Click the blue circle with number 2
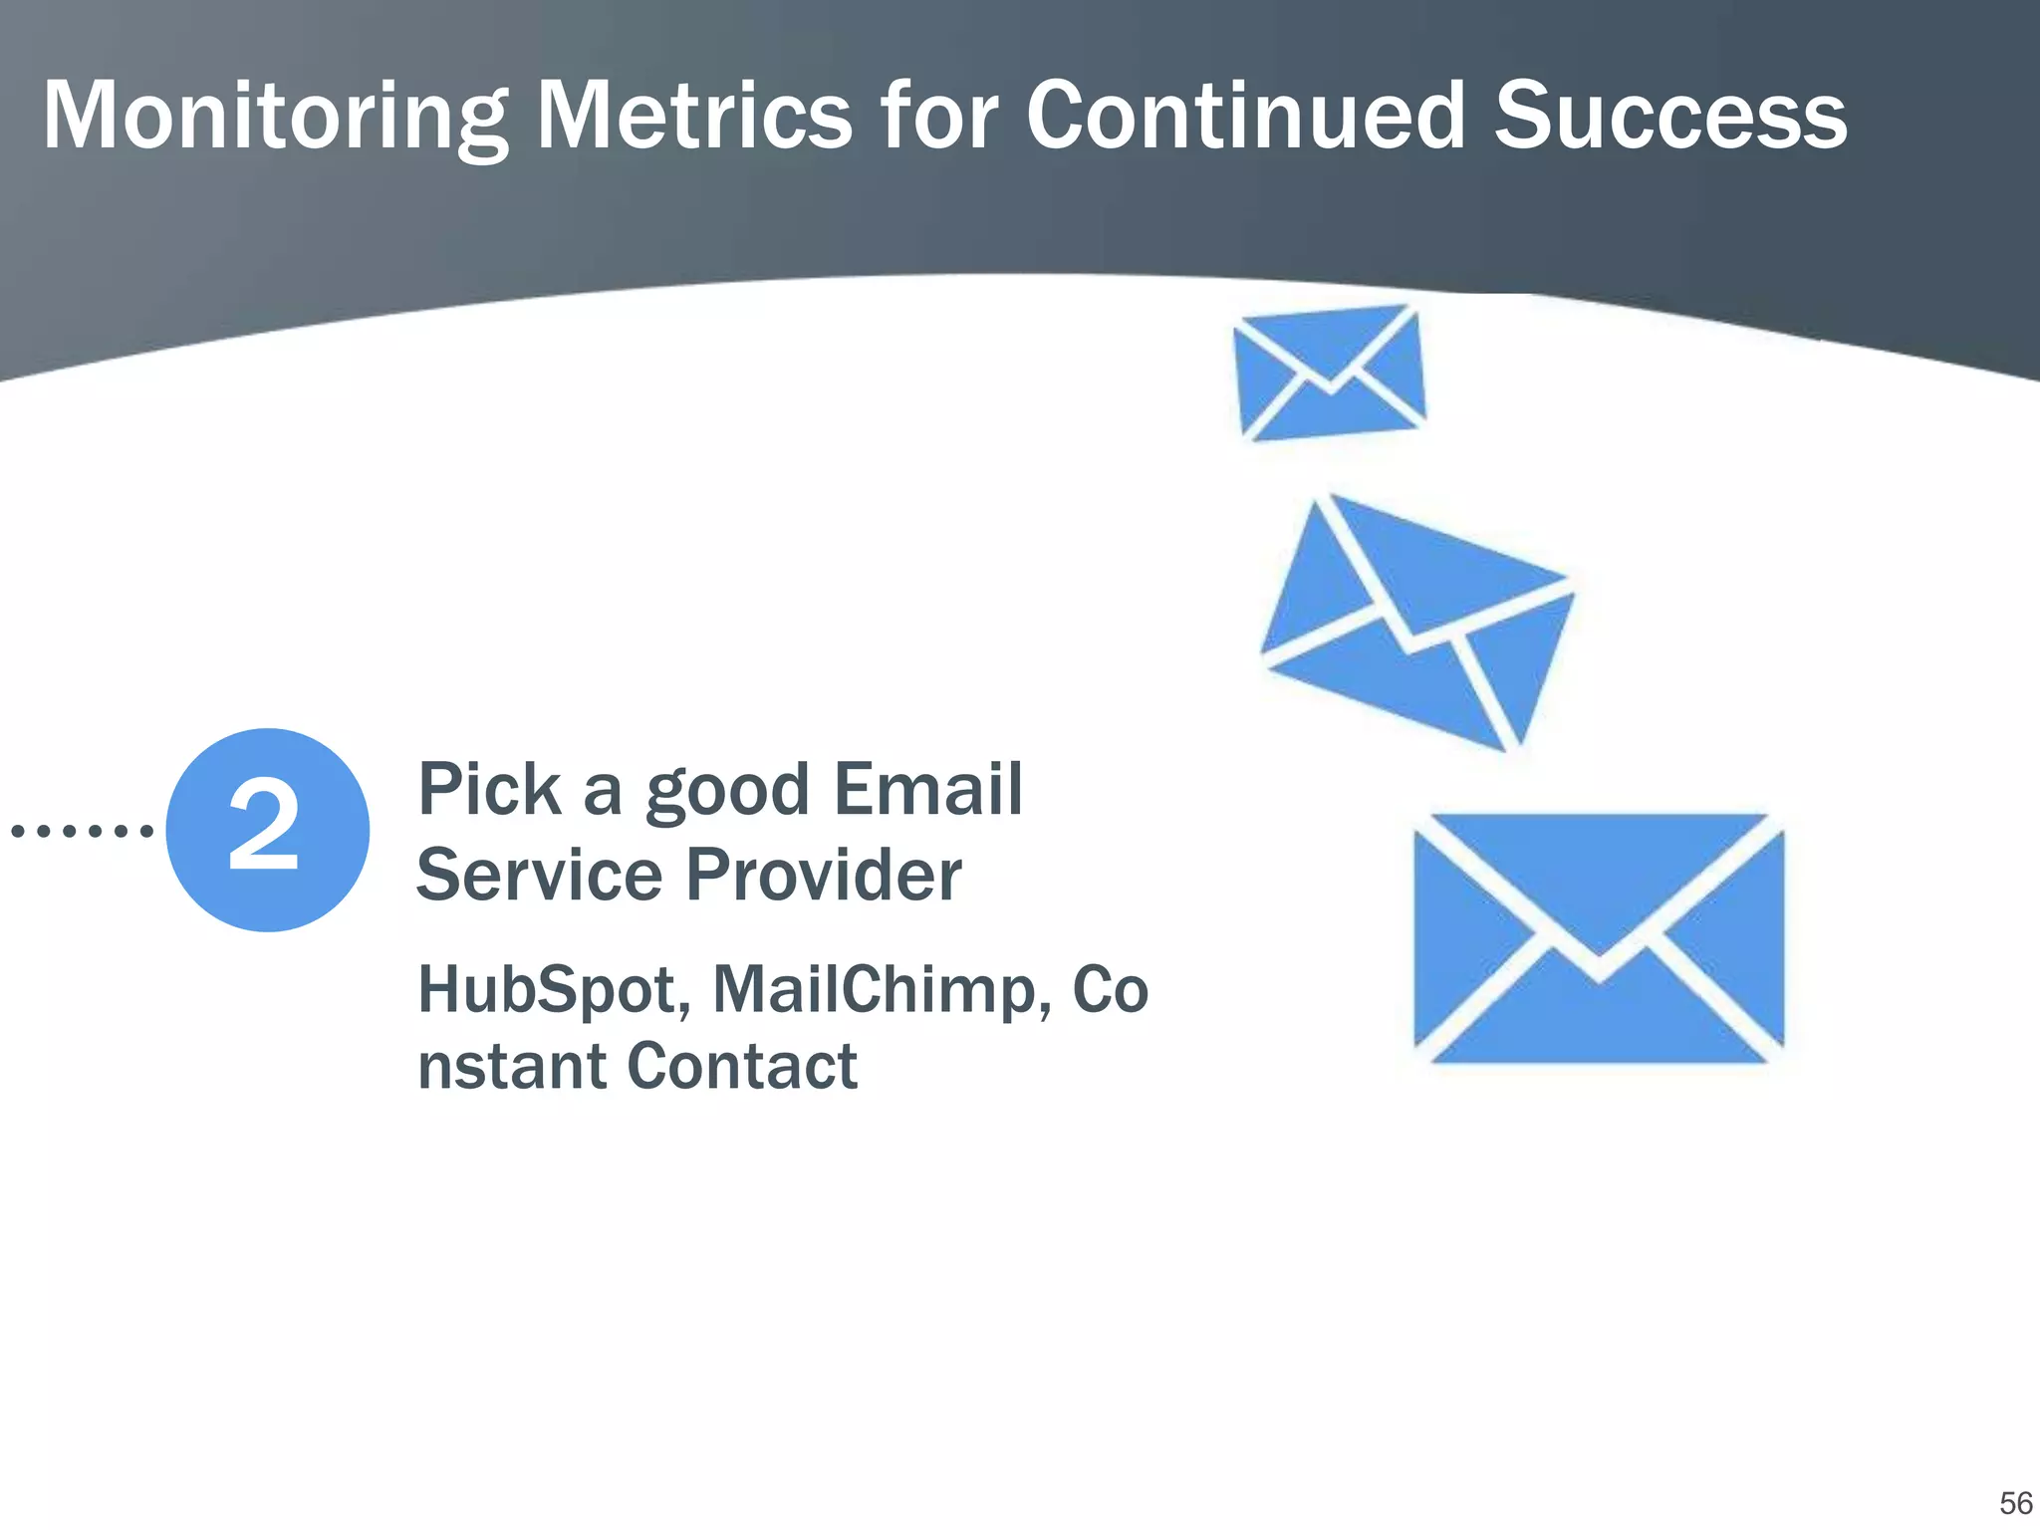(x=267, y=830)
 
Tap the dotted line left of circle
(x=82, y=830)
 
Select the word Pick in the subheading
(x=488, y=789)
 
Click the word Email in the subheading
(x=928, y=789)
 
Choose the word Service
(x=539, y=875)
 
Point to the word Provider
(x=824, y=875)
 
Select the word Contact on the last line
(x=742, y=1067)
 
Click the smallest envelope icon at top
(x=1330, y=373)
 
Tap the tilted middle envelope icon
(x=1416, y=623)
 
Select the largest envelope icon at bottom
(x=1599, y=938)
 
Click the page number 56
(x=2015, y=1503)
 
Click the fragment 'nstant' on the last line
(x=512, y=1067)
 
